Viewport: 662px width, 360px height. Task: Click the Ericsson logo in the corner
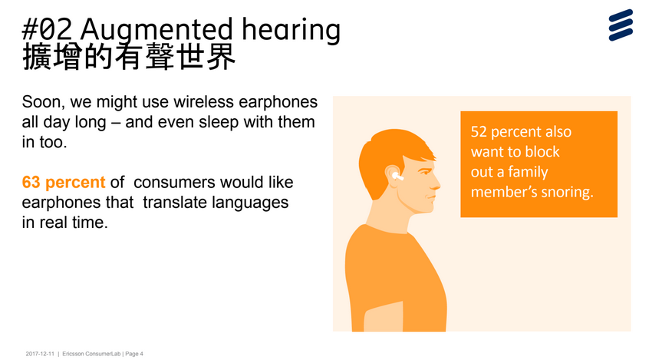[x=621, y=25]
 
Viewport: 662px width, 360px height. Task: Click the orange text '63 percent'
[x=64, y=182]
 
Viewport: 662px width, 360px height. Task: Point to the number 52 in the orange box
[x=479, y=131]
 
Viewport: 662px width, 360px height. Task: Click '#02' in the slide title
[x=47, y=29]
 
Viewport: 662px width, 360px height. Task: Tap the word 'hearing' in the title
[x=291, y=31]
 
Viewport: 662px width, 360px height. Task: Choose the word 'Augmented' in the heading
[x=156, y=31]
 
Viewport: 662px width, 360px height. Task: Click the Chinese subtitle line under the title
[x=128, y=57]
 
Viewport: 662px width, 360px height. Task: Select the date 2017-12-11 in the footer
[x=40, y=354]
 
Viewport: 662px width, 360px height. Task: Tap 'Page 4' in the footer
[x=134, y=354]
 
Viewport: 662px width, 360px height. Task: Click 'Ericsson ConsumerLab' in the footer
[x=91, y=354]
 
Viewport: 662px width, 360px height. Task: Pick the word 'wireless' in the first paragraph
[x=203, y=102]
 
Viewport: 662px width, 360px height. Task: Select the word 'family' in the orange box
[x=529, y=172]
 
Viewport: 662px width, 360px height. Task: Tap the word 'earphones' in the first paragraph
[x=278, y=103]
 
